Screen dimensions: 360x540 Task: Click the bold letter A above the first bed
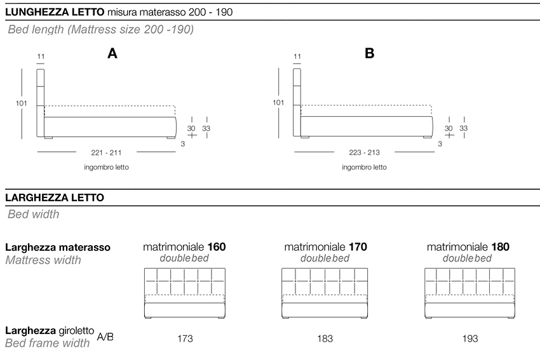click(x=112, y=54)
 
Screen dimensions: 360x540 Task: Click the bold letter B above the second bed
click(x=370, y=54)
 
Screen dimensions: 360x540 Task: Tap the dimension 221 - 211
click(x=107, y=152)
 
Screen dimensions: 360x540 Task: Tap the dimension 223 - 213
click(x=364, y=152)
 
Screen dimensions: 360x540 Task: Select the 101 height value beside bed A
click(x=21, y=102)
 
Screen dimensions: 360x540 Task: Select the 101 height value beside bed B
click(x=278, y=102)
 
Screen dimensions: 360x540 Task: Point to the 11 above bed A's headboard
click(x=41, y=57)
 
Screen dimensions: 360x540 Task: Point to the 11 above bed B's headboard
click(x=297, y=57)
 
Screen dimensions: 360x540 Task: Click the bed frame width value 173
click(x=185, y=338)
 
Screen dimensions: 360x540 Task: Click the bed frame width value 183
click(x=325, y=338)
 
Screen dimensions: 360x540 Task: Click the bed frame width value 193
click(x=470, y=338)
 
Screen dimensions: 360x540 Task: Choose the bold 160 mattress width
click(x=216, y=247)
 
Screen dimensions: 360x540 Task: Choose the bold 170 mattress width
click(x=358, y=247)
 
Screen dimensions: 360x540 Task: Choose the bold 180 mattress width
click(x=500, y=247)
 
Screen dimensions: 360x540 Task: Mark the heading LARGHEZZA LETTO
click(x=55, y=197)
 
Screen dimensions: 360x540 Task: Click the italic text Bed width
click(x=34, y=214)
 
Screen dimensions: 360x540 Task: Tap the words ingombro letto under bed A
click(x=106, y=168)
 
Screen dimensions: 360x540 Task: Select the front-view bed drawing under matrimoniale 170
click(x=325, y=293)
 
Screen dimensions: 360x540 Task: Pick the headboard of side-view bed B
click(x=297, y=95)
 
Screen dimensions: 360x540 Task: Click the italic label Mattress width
click(x=43, y=260)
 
